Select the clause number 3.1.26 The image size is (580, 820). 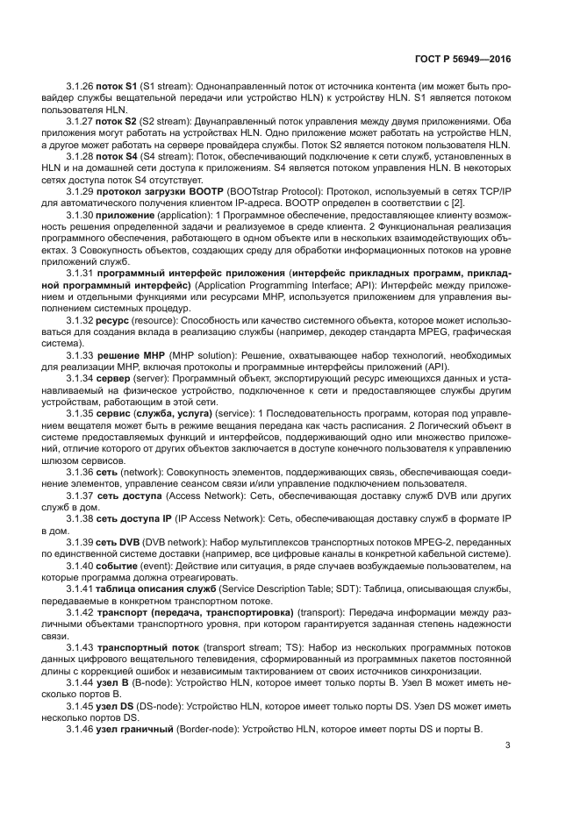[80, 88]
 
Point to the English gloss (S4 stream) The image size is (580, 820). [165, 155]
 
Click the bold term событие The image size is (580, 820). [122, 565]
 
